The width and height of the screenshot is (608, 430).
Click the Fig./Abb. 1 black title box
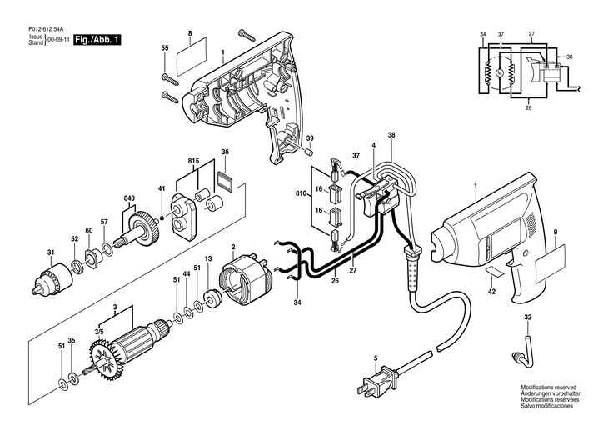tap(97, 40)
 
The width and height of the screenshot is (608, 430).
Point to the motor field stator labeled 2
tap(247, 279)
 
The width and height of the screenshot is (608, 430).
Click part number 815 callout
tap(194, 161)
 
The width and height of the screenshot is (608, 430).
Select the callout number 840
tap(129, 198)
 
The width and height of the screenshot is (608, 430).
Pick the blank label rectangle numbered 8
tap(192, 57)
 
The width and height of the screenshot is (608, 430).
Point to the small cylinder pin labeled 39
tap(310, 151)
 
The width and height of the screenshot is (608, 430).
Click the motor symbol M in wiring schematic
tap(500, 72)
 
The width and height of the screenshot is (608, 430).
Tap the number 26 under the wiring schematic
tap(529, 108)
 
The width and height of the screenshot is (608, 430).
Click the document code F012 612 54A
tap(46, 29)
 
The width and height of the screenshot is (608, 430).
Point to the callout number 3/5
tap(99, 332)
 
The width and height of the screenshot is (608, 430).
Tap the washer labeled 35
tap(72, 377)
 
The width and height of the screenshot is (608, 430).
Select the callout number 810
tap(301, 192)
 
